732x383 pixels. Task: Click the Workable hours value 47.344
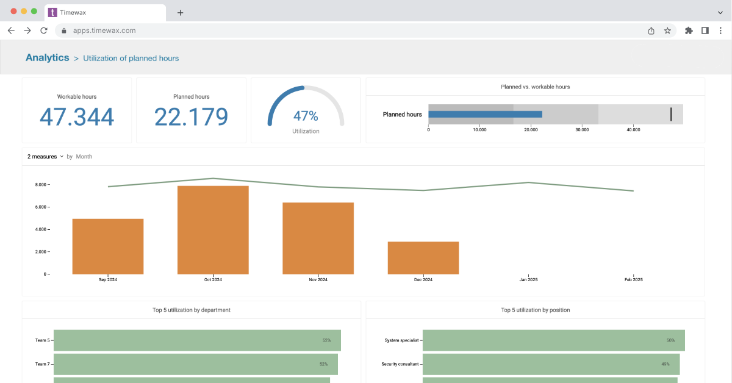pos(77,116)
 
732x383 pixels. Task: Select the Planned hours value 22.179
pos(191,116)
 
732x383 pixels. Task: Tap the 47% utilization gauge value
pos(306,116)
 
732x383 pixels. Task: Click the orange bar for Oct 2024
pos(213,230)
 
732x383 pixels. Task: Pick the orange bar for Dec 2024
pos(423,258)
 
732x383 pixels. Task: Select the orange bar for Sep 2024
pos(108,246)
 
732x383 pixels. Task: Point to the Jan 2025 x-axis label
pos(528,280)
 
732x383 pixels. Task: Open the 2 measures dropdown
pos(46,157)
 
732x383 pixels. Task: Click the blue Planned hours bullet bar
pos(485,114)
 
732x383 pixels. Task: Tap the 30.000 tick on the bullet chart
pos(582,129)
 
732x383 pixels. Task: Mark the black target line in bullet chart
pos(671,114)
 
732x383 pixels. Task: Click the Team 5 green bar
pos(197,340)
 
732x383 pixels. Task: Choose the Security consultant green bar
pos(551,364)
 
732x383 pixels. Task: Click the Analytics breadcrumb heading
pos(47,58)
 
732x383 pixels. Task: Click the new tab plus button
pos(180,12)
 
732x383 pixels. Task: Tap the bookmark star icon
pos(667,30)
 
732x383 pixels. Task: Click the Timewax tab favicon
pos(52,12)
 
